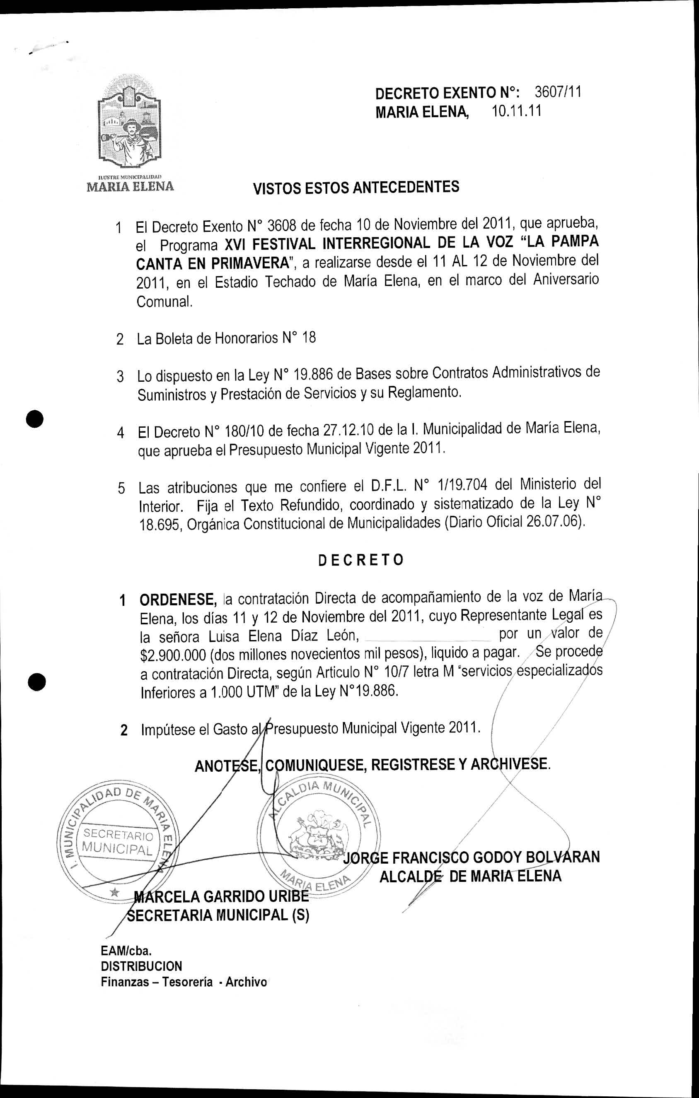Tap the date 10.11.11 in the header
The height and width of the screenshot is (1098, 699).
click(x=517, y=111)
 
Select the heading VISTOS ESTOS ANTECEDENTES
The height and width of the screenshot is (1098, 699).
click(x=356, y=188)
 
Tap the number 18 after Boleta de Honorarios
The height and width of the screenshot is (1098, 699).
click(x=308, y=338)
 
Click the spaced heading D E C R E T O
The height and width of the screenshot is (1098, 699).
click(x=360, y=560)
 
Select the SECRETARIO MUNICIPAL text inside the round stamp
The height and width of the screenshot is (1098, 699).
click(x=118, y=842)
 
